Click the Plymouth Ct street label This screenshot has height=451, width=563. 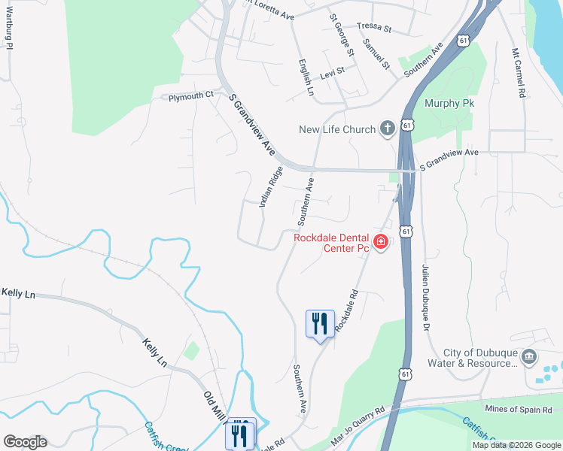pyautogui.click(x=191, y=97)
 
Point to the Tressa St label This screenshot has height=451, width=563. pyautogui.click(x=375, y=28)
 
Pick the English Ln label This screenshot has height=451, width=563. pyautogui.click(x=306, y=77)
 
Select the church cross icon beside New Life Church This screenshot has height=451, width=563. pyautogui.click(x=388, y=129)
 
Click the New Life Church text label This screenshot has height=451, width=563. pyautogui.click(x=337, y=129)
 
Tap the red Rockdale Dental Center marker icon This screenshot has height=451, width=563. pyautogui.click(x=380, y=241)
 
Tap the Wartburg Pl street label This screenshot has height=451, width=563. pyautogui.click(x=9, y=31)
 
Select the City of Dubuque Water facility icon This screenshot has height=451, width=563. pyautogui.click(x=528, y=356)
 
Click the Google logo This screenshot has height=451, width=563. pyautogui.click(x=25, y=441)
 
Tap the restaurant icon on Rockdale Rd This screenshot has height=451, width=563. pyautogui.click(x=320, y=324)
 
